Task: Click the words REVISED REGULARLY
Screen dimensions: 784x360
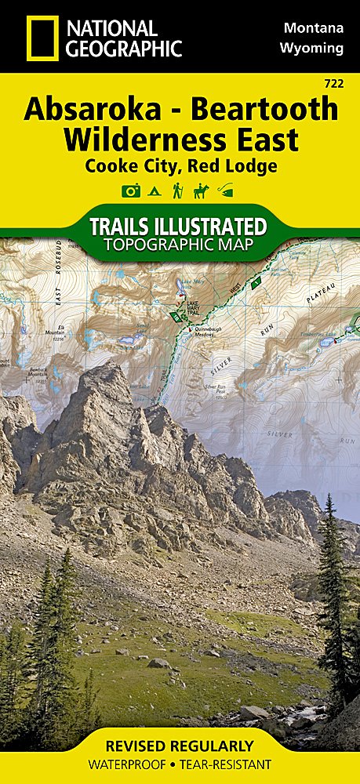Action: pyautogui.click(x=180, y=745)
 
